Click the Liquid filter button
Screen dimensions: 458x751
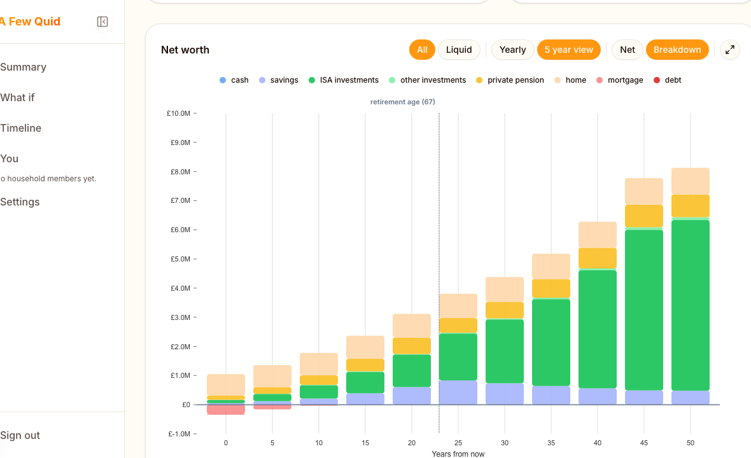(x=459, y=50)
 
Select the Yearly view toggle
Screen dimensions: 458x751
(x=512, y=50)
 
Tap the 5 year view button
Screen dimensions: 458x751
(x=568, y=50)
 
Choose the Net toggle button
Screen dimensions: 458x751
(x=627, y=50)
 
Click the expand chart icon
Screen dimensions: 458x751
(x=730, y=50)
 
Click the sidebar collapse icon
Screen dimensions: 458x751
(x=102, y=22)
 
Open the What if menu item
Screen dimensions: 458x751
(x=18, y=97)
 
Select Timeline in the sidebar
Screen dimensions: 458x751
(x=21, y=128)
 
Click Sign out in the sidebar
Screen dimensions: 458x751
(x=20, y=435)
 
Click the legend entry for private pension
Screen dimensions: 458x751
(x=515, y=80)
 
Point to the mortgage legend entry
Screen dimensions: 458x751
(x=624, y=80)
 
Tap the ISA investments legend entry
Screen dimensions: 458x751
(x=348, y=80)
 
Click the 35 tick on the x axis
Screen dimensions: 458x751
(x=551, y=443)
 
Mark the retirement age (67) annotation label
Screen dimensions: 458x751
(x=403, y=102)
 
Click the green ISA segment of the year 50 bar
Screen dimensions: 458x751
(x=691, y=305)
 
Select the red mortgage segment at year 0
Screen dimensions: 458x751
(x=226, y=410)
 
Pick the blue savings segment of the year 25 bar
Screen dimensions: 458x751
(x=458, y=392)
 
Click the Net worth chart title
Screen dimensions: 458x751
(x=185, y=50)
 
